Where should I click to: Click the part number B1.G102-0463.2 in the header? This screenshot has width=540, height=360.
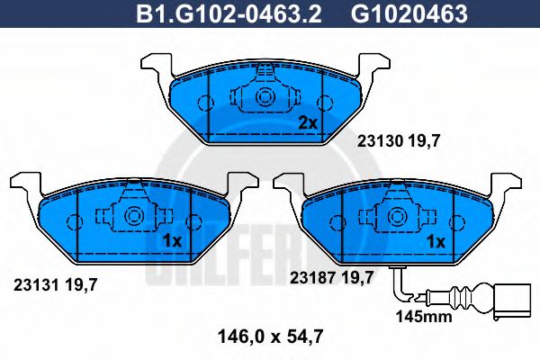229,13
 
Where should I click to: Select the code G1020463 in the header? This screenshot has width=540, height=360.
409,13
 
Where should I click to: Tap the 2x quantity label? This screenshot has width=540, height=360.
308,123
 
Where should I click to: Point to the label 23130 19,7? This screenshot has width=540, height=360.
399,141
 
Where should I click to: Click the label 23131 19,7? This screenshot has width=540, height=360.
56,285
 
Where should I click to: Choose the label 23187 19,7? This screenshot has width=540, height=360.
331,277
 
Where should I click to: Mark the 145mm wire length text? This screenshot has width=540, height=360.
424,316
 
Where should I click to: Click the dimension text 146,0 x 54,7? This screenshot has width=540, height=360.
271,337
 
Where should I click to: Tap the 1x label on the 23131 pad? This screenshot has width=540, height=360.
172,241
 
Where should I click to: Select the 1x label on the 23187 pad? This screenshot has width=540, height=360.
436,241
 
